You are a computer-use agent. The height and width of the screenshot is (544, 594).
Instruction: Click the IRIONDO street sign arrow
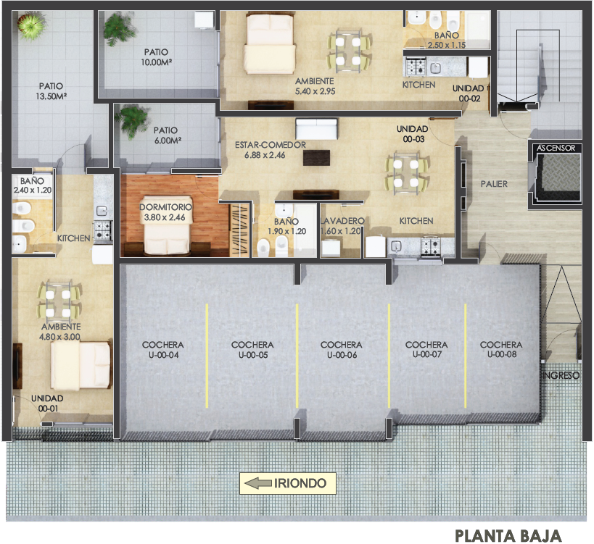[257, 483]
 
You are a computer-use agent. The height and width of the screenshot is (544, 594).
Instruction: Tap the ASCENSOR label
[556, 148]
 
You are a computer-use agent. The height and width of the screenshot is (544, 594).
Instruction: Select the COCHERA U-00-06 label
[342, 350]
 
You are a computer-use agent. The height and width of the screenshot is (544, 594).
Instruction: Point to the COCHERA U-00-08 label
[501, 349]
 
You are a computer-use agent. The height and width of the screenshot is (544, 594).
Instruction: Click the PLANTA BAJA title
[508, 536]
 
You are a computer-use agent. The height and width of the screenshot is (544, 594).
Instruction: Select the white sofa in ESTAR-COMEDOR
[316, 129]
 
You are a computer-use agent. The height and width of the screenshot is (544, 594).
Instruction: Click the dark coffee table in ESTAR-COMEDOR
[316, 158]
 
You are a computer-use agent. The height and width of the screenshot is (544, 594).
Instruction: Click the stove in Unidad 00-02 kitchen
[416, 67]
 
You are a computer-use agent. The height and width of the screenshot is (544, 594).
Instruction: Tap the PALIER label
[494, 184]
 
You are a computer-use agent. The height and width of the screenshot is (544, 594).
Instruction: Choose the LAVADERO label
[342, 220]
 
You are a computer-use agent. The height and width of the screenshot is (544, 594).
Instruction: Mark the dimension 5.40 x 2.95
[315, 91]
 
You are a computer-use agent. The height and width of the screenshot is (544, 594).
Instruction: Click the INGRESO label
[562, 375]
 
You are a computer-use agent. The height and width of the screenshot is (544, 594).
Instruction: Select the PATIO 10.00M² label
[156, 57]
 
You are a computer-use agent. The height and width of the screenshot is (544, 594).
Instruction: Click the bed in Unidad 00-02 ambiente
[270, 43]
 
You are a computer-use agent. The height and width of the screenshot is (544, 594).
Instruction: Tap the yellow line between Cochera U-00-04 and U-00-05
[207, 356]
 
